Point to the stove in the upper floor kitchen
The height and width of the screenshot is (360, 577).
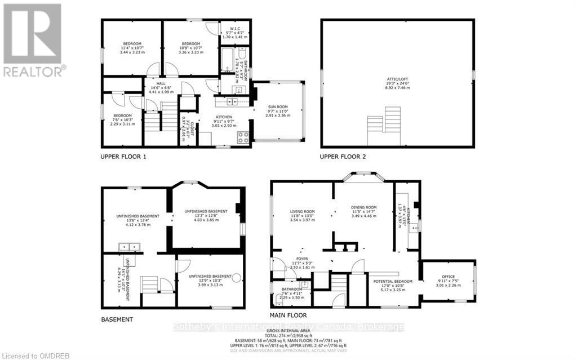click(x=243, y=136)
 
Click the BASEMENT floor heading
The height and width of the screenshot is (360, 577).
click(x=117, y=319)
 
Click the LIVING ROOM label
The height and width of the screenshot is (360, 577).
click(x=301, y=212)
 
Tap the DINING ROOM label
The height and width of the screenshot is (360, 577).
click(x=363, y=207)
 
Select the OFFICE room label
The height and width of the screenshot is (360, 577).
click(x=449, y=276)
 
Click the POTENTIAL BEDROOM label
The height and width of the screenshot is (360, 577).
click(x=393, y=281)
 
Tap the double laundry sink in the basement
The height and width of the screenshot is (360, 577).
click(x=127, y=247)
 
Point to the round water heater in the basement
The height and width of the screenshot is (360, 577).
click(x=237, y=277)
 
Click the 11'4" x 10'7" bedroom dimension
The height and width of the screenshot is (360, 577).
click(x=134, y=48)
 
